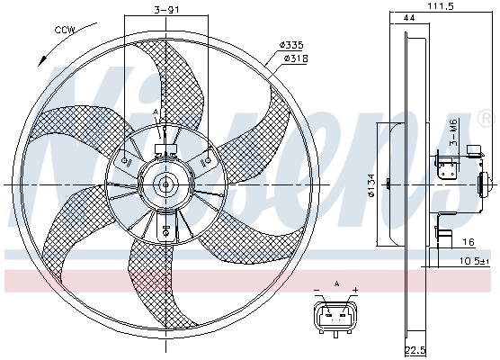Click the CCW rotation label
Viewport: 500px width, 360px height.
(x=65, y=31)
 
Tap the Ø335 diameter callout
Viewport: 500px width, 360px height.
(x=291, y=44)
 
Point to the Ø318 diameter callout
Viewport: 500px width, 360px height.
(x=295, y=58)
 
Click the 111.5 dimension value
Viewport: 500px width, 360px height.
(x=438, y=6)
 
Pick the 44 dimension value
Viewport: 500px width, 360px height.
(x=410, y=18)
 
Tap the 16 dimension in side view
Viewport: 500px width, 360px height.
(x=468, y=243)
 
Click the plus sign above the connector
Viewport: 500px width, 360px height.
(x=354, y=290)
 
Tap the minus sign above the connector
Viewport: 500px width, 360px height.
(x=317, y=290)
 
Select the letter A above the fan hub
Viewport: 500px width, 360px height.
(x=155, y=112)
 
